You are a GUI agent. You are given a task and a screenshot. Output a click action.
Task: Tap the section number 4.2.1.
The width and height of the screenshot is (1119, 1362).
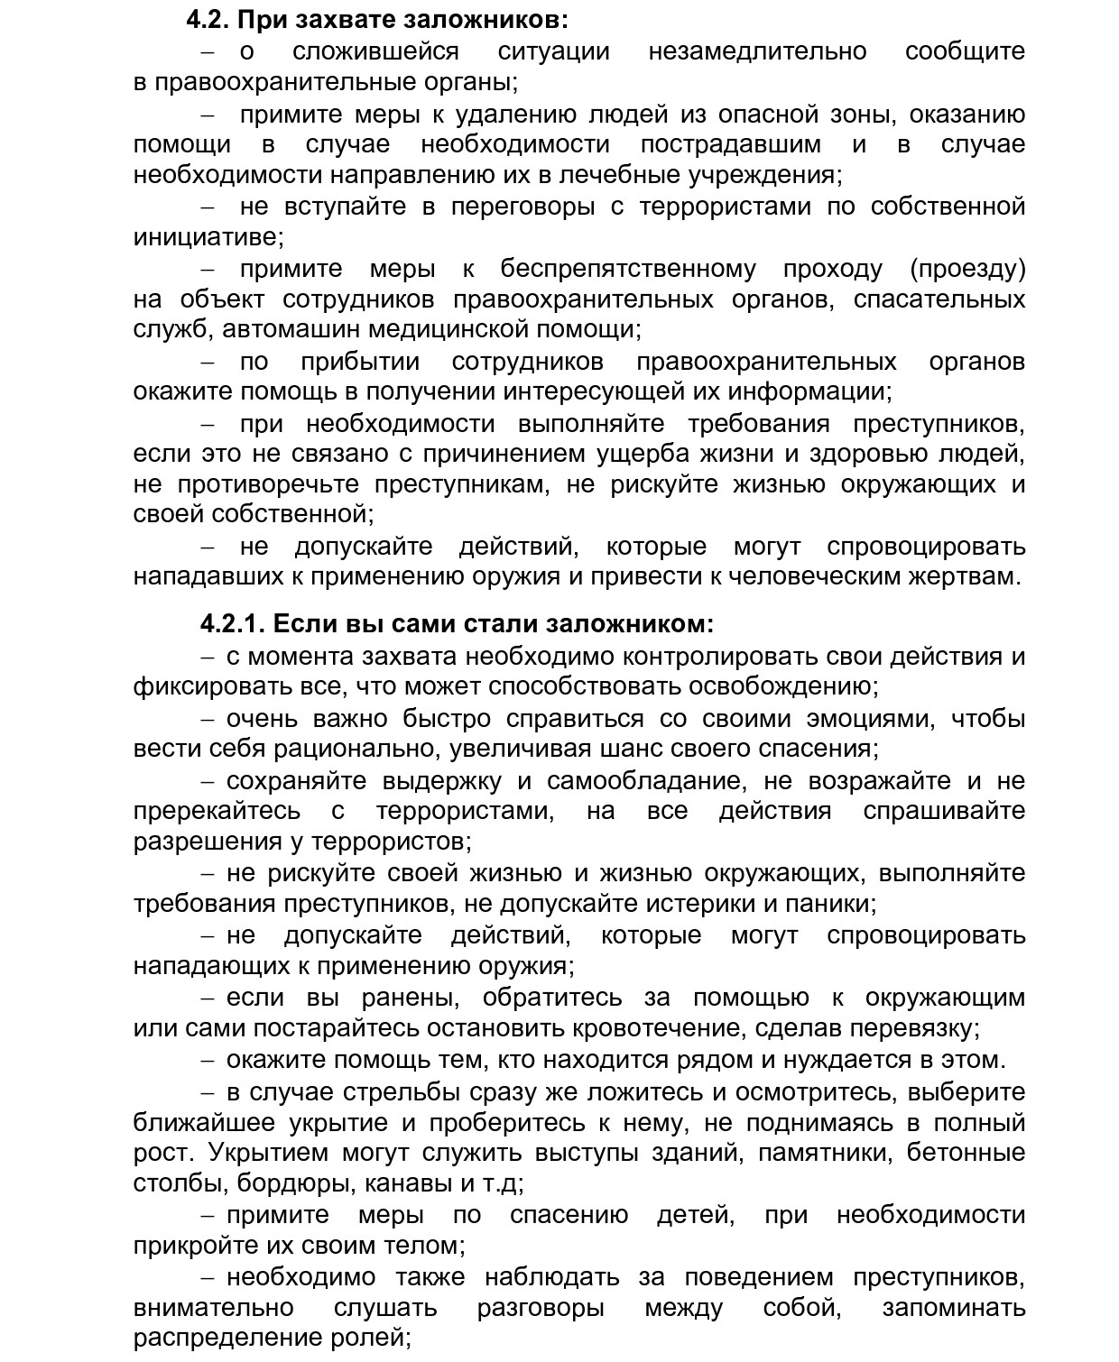click(232, 623)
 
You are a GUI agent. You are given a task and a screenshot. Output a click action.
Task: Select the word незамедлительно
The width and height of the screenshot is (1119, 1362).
click(757, 51)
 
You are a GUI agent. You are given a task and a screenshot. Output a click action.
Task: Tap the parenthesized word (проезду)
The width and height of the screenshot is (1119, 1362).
click(966, 269)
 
